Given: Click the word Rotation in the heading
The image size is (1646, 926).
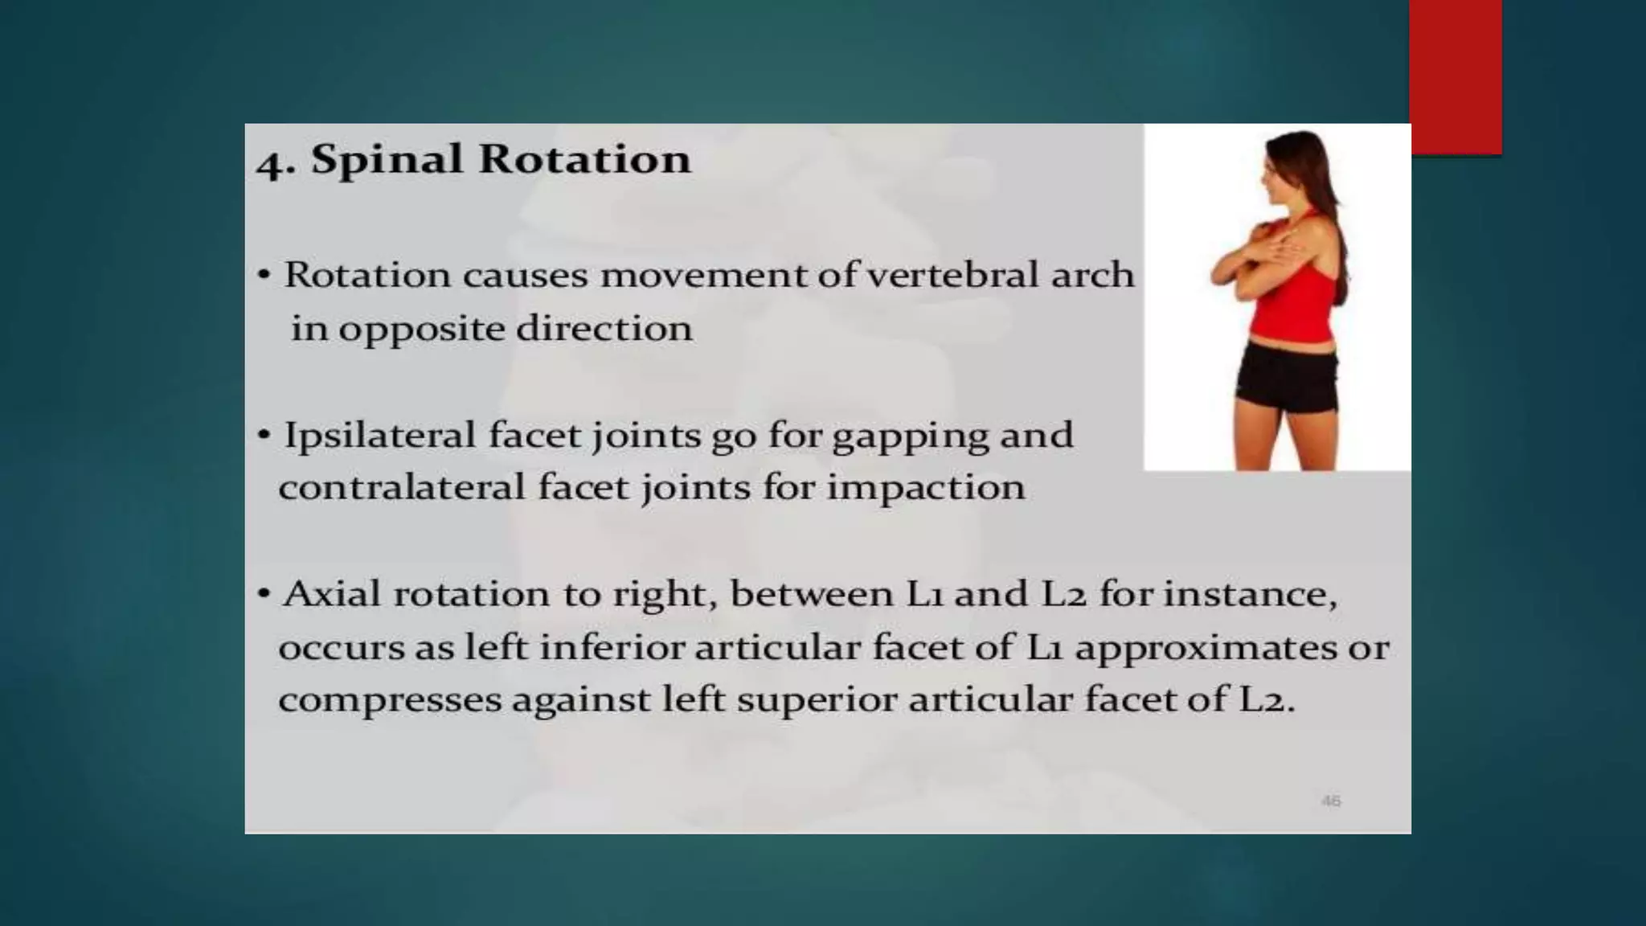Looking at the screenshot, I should pyautogui.click(x=584, y=158).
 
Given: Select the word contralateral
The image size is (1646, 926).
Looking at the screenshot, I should pyautogui.click(x=402, y=487).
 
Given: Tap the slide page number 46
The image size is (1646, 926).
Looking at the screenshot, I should pyautogui.click(x=1331, y=801).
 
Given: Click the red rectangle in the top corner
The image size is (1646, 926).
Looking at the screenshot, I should pyautogui.click(x=1456, y=76).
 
